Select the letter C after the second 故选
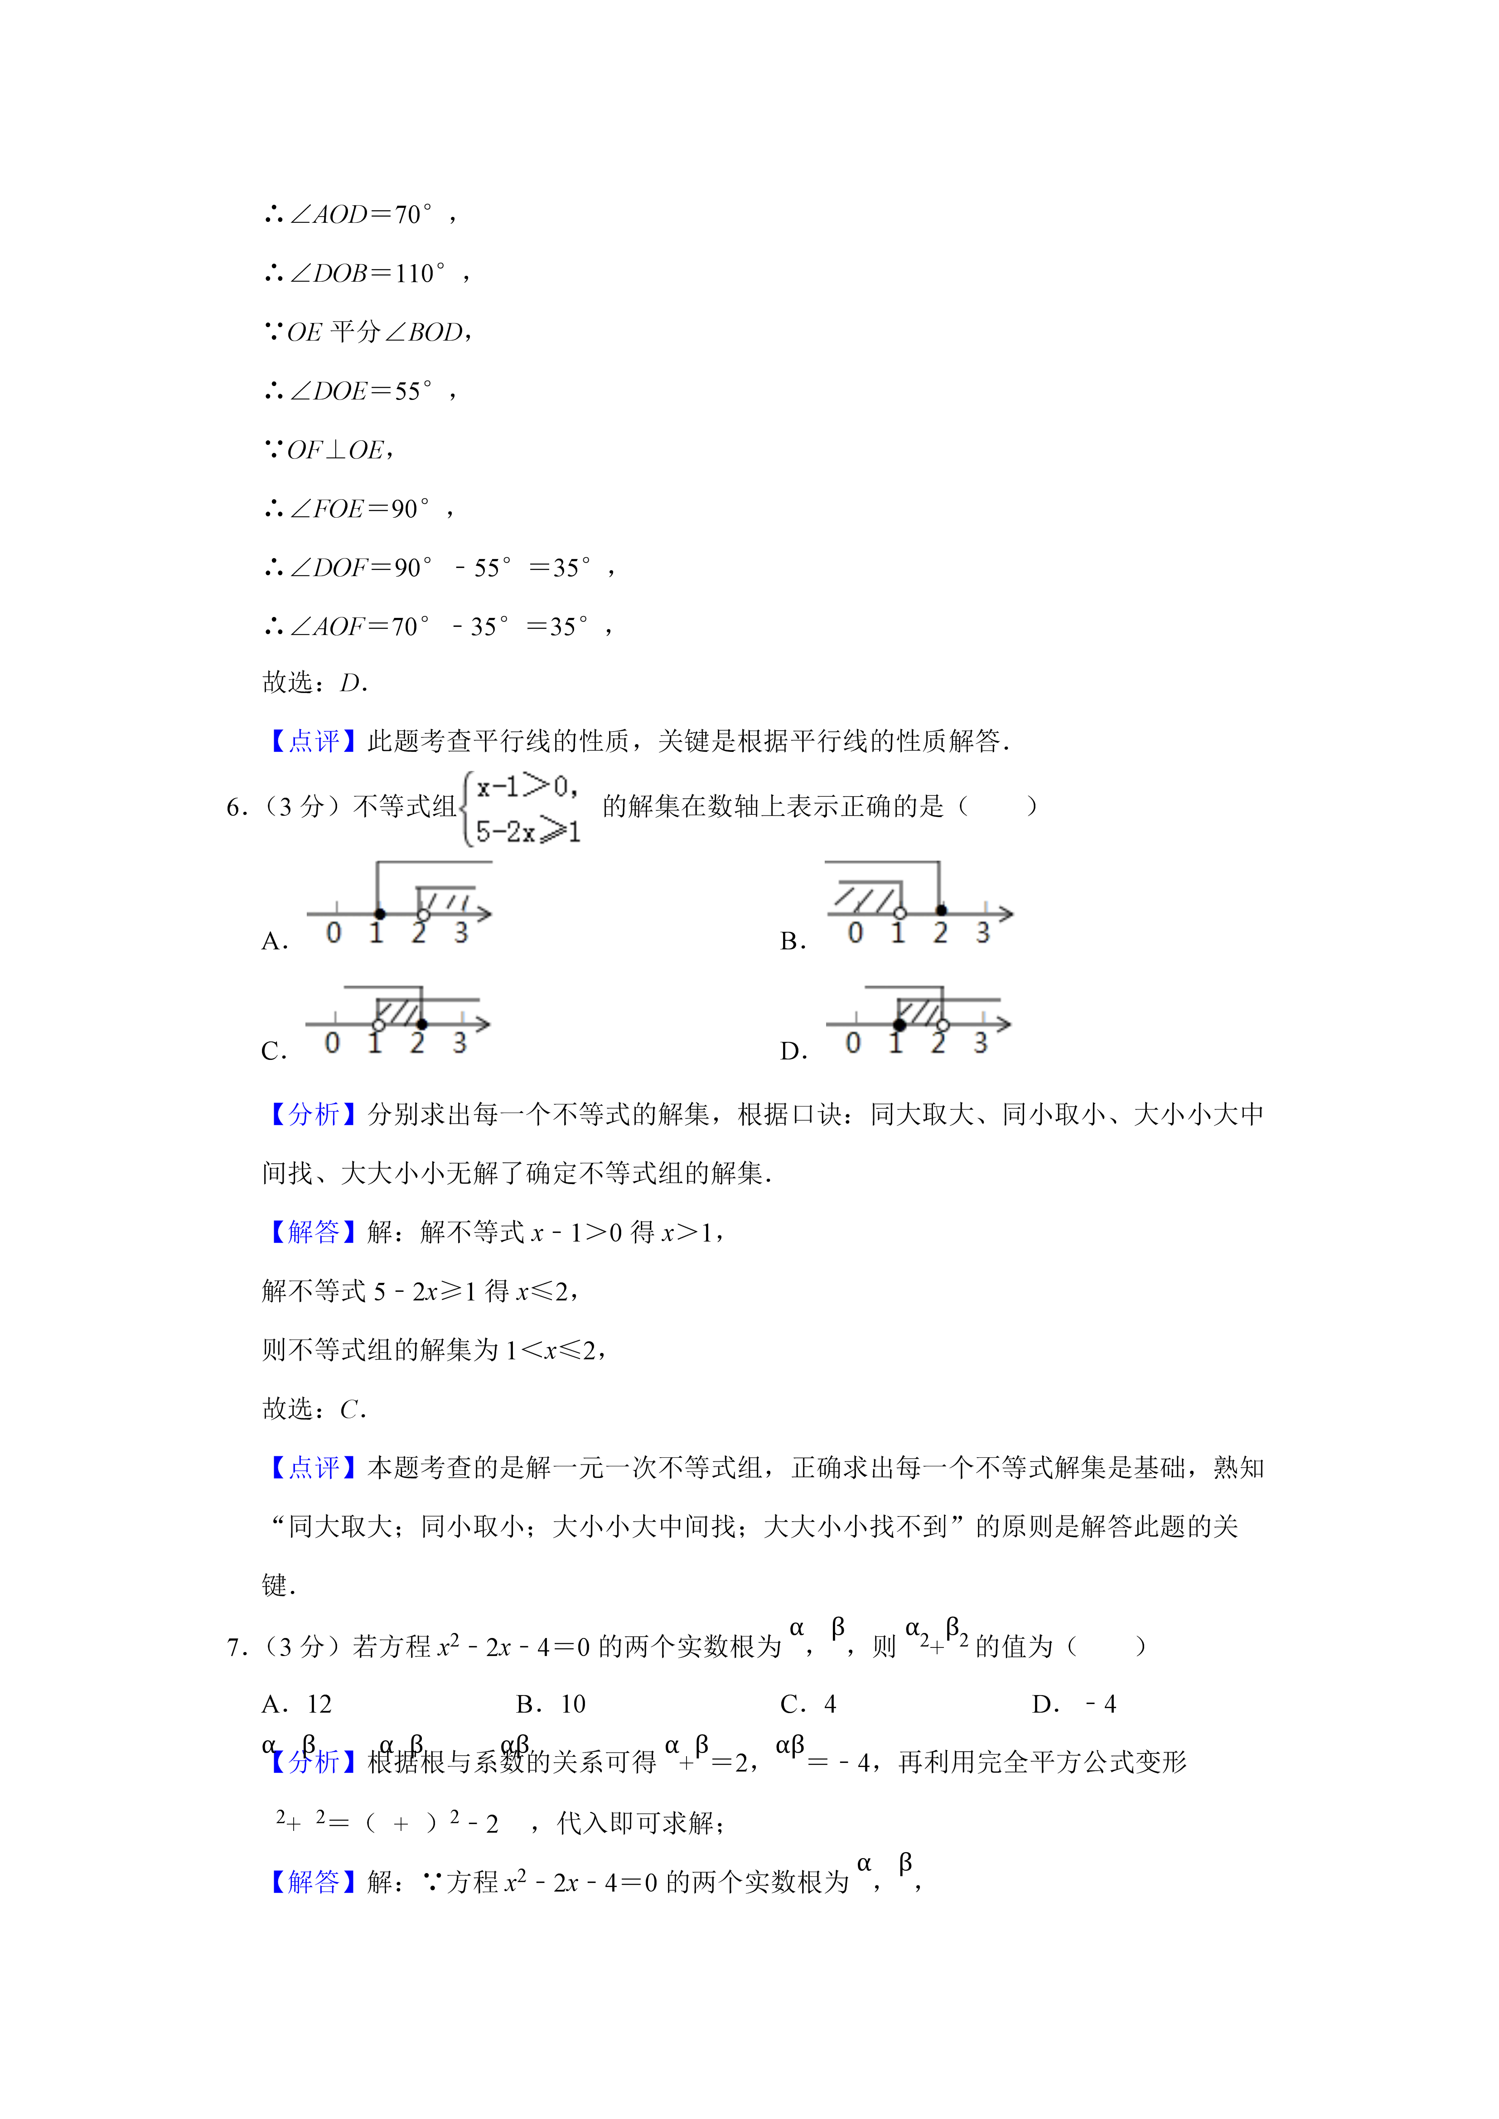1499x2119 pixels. point(350,1409)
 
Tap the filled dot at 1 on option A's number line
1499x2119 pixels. point(379,914)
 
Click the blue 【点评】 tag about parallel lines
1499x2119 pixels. point(313,741)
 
